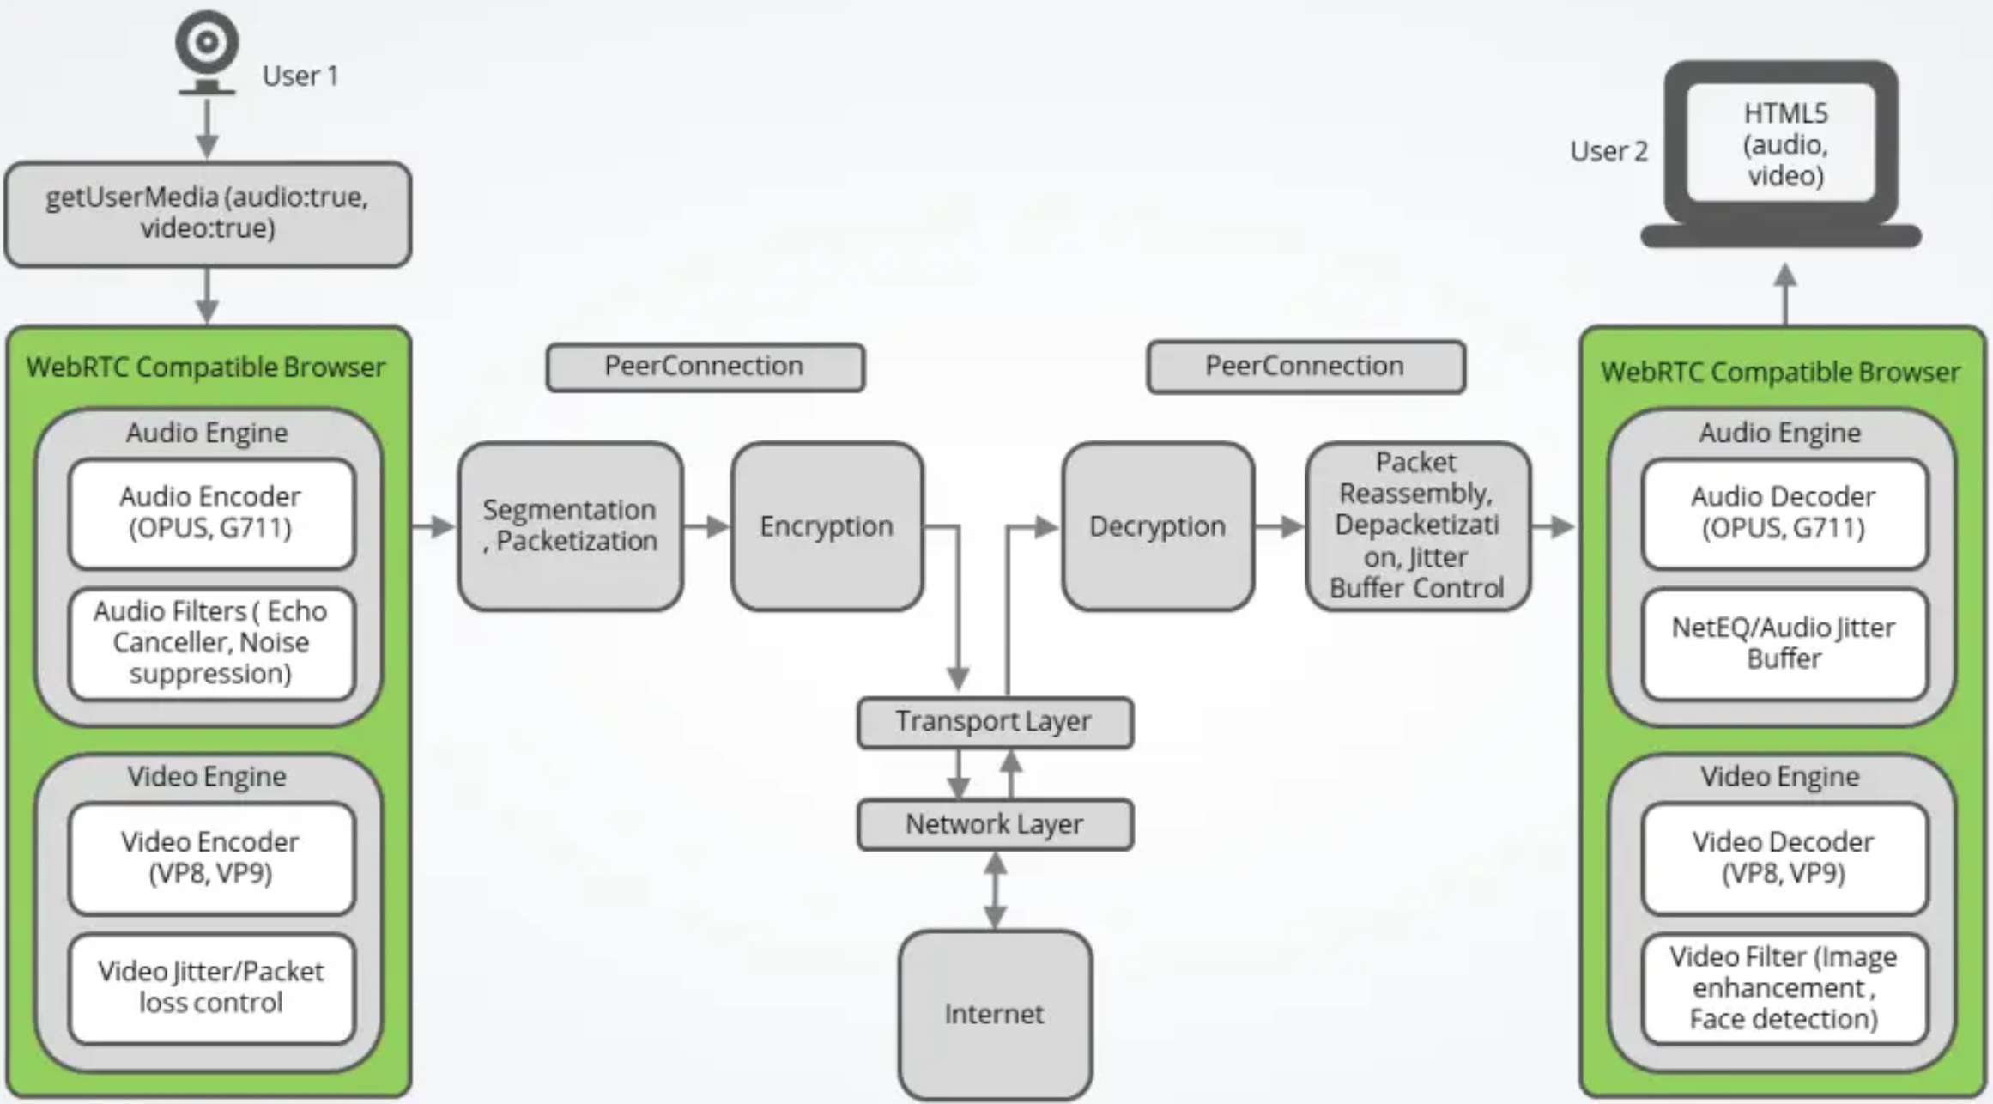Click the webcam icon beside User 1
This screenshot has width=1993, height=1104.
(206, 50)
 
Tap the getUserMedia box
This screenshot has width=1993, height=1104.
(208, 214)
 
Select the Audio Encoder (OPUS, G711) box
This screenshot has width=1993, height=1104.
(211, 513)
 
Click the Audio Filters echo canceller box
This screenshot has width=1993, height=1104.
(211, 643)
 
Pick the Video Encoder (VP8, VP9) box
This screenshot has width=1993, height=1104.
(211, 858)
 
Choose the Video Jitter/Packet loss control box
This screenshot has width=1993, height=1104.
(211, 987)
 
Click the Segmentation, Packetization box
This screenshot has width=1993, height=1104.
(571, 525)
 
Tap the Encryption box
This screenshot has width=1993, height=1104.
(827, 525)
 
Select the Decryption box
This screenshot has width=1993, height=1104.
(1157, 525)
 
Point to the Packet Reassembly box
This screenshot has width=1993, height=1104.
(1417, 525)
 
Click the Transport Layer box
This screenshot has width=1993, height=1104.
(995, 722)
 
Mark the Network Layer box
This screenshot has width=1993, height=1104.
(995, 824)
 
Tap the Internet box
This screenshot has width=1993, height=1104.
(995, 1014)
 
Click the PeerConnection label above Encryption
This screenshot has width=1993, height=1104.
(705, 367)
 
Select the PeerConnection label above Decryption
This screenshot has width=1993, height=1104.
(1305, 367)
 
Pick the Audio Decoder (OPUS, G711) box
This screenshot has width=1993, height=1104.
(1784, 513)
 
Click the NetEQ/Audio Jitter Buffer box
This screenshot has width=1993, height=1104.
(1784, 643)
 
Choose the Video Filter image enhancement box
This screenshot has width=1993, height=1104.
(1784, 987)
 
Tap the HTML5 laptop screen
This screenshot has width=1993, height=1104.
(1784, 144)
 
